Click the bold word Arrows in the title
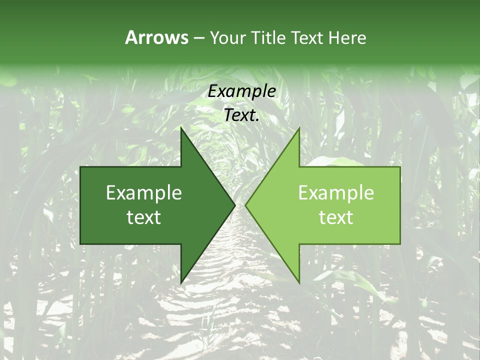tap(157, 37)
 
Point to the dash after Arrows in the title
tap(198, 38)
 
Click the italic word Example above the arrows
tap(241, 91)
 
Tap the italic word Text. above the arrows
tap(241, 115)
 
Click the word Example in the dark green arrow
tap(144, 192)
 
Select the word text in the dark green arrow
tap(144, 217)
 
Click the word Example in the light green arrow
tap(336, 192)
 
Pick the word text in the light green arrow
tap(336, 217)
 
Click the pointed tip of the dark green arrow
tap(235, 205)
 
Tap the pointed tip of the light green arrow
tap(245, 205)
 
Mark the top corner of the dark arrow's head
tap(181, 128)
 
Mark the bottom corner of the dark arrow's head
tap(181, 283)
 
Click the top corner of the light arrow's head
tap(299, 128)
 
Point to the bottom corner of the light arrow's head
tap(299, 283)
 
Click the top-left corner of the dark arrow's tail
tap(81, 167)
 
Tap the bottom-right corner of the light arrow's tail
tap(400, 244)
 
